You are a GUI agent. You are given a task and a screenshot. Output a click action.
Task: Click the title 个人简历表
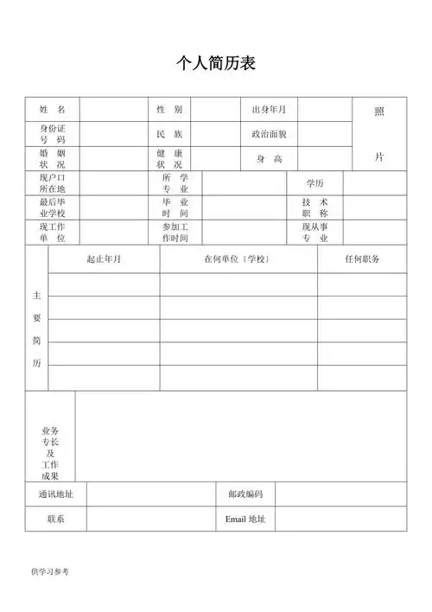[x=215, y=64]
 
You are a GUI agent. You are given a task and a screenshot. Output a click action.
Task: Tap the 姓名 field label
[x=52, y=110]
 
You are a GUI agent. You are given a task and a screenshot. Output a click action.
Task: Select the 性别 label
[x=169, y=110]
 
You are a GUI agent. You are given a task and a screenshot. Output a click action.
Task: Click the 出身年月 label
[x=269, y=110]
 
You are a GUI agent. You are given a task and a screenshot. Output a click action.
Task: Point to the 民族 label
[x=169, y=134]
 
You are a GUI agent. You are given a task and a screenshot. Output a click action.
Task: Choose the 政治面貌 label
[x=269, y=134]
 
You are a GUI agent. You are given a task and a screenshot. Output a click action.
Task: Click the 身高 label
[x=269, y=159]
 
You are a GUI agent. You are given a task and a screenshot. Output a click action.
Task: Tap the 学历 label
[x=314, y=183]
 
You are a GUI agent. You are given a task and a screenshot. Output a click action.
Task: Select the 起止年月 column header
[x=104, y=259]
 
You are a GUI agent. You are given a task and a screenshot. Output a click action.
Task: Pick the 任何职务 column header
[x=362, y=259]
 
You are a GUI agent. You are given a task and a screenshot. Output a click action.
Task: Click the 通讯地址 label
[x=55, y=494]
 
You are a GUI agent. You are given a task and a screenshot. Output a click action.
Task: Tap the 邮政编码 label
[x=245, y=494]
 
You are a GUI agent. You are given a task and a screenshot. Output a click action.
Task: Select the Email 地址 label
[x=245, y=520]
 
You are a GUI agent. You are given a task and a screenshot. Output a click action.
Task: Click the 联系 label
[x=55, y=520]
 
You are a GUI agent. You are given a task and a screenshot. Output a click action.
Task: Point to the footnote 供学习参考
[x=49, y=571]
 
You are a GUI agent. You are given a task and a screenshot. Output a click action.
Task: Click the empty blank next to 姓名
[x=113, y=110]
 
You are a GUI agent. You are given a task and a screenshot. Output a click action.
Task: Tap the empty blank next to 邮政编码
[x=340, y=494]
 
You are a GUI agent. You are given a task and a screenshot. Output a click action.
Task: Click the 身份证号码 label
[x=52, y=134]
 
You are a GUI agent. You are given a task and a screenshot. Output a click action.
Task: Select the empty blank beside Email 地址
[x=340, y=520]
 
